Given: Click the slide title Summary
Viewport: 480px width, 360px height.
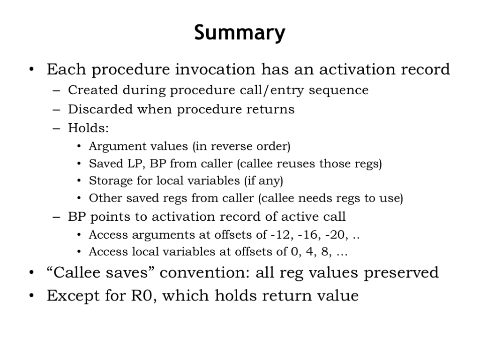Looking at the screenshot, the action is [240, 33].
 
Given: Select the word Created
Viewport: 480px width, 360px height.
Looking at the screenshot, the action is [93, 90].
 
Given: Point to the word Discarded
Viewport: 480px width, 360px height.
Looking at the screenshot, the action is [100, 109].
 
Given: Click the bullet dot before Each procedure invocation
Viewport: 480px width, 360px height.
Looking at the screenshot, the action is [31, 69].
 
